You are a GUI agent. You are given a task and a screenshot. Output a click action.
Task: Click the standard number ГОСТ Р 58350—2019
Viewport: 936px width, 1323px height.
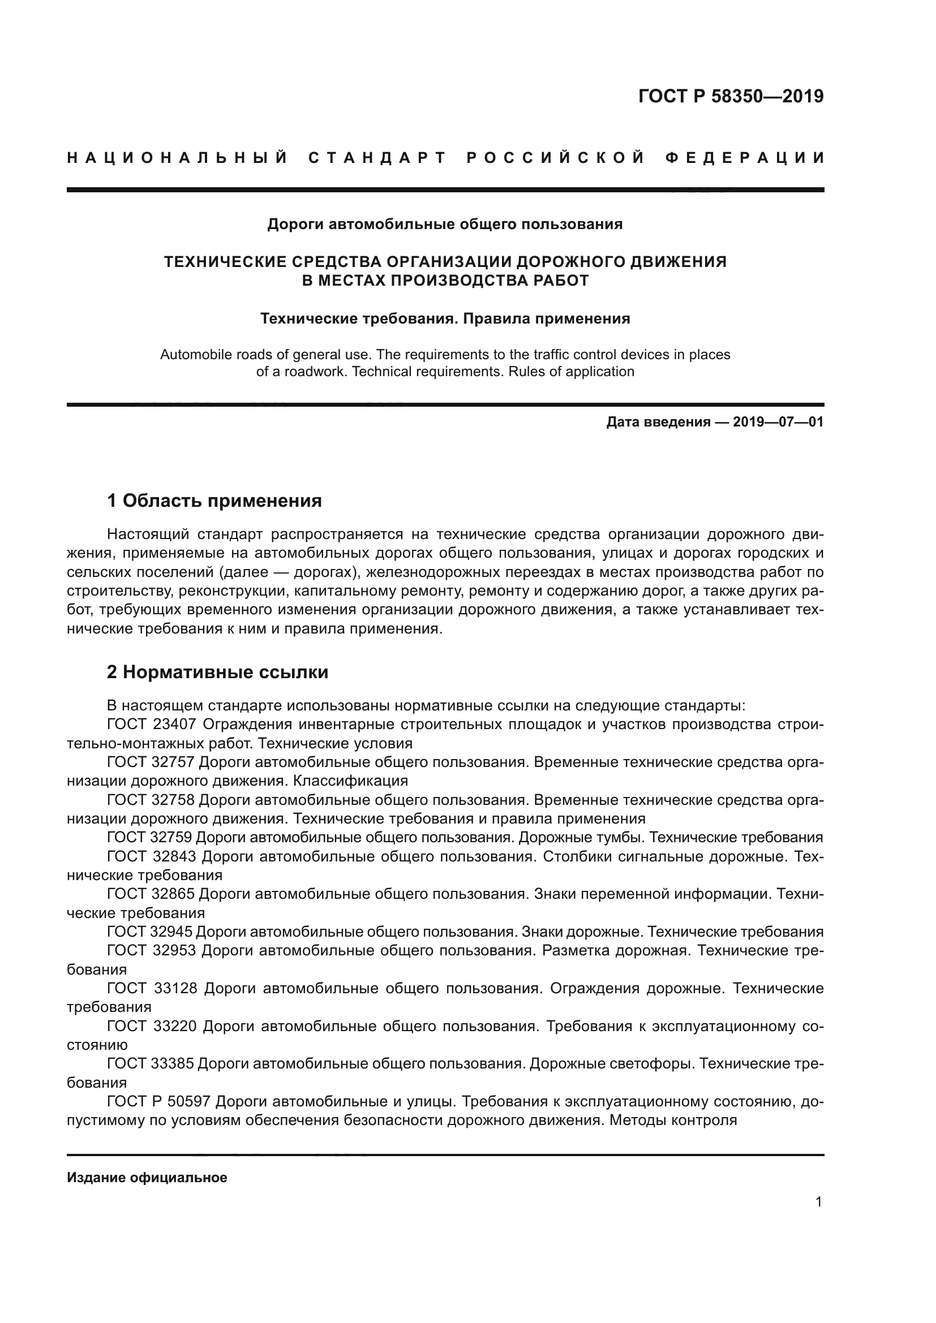[731, 96]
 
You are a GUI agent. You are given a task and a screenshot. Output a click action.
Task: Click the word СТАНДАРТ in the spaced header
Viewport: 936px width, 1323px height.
[378, 158]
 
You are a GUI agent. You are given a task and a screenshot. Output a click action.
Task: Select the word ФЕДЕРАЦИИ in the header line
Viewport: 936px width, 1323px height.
[745, 158]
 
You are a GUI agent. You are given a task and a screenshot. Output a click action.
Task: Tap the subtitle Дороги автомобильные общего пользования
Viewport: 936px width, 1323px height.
[445, 224]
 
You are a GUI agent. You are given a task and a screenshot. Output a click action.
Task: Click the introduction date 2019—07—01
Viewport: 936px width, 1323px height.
[778, 423]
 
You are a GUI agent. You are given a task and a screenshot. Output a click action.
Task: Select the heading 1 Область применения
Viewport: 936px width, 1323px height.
[214, 501]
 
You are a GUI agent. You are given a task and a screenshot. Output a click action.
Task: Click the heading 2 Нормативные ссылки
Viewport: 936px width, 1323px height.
[218, 672]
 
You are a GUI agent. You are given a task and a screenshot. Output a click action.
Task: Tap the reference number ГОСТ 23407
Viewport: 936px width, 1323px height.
[152, 725]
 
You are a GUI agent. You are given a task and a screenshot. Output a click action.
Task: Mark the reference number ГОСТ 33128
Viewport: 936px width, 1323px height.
[152, 989]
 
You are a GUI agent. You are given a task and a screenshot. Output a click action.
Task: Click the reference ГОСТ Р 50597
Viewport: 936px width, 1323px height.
[159, 1102]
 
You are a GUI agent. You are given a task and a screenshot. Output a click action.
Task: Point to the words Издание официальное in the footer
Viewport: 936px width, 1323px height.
[147, 1178]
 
